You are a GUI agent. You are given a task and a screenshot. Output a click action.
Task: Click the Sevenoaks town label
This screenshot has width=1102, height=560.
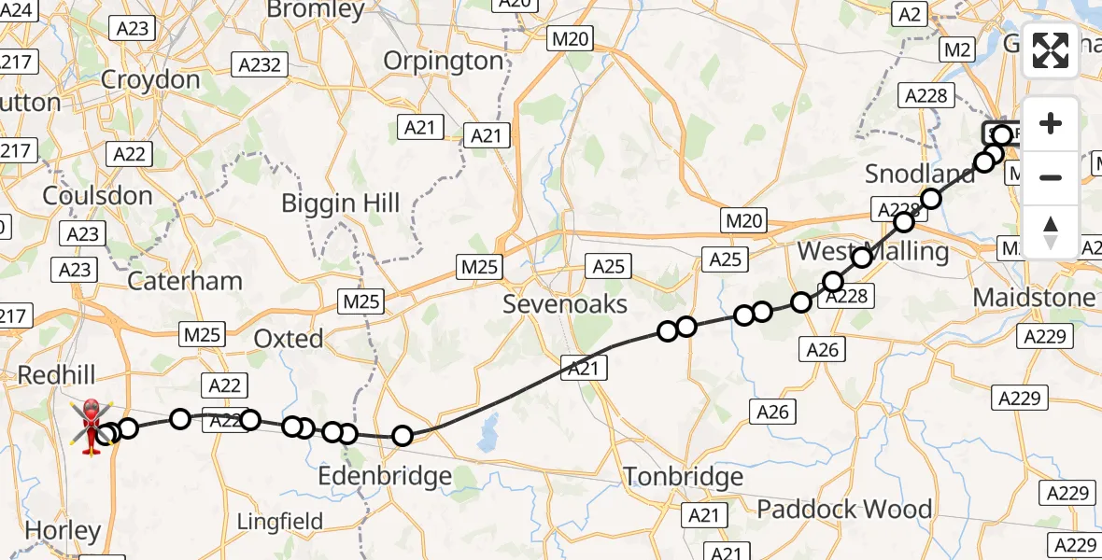[565, 304]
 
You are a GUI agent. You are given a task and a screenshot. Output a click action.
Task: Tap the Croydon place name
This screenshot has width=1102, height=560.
[150, 79]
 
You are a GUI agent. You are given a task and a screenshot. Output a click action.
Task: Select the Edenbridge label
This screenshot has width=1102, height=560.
[385, 476]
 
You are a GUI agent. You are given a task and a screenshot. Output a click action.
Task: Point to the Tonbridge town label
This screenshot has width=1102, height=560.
[684, 476]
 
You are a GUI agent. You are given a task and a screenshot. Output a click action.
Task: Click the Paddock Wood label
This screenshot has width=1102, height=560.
[844, 509]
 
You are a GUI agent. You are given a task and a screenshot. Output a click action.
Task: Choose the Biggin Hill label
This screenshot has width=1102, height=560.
[341, 203]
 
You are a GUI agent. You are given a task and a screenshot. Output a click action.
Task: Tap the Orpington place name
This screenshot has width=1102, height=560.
[444, 62]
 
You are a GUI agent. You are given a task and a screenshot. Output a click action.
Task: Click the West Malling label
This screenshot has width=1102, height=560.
[872, 252]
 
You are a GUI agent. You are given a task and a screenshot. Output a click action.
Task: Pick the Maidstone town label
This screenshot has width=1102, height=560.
[1034, 298]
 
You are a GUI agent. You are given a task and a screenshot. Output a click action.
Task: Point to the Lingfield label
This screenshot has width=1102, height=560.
[280, 521]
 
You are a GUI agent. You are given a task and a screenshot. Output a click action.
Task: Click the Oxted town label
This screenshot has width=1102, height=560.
[290, 338]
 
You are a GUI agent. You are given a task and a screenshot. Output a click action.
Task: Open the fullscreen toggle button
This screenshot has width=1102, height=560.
[1051, 50]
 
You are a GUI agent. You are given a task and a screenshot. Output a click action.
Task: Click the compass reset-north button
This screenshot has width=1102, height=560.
[1051, 232]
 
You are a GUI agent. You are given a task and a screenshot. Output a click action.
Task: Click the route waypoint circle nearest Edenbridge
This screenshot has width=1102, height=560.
[403, 436]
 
